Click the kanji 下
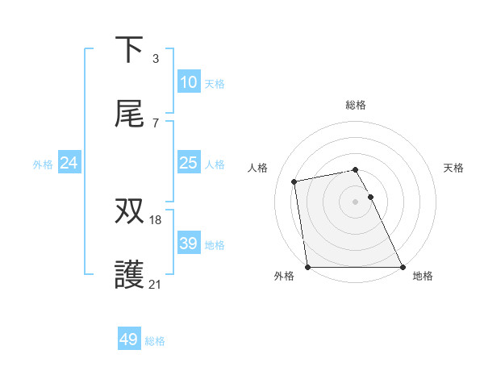coord(129,50)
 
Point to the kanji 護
coord(129,274)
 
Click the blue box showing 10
coord(188,81)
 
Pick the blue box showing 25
coord(188,163)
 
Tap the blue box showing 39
coord(188,244)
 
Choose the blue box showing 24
coord(69,163)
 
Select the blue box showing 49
coord(129,339)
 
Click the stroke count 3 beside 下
coord(155,58)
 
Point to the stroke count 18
coord(156,219)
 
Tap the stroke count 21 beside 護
coord(156,283)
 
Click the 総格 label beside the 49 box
coord(155,341)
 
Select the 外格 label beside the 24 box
coord(43,164)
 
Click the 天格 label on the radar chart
coord(453,168)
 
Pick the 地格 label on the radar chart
coord(423,276)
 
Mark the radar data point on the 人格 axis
coord(295,181)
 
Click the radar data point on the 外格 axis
coord(307,267)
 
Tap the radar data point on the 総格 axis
coord(355,169)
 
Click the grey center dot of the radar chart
coord(355,202)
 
